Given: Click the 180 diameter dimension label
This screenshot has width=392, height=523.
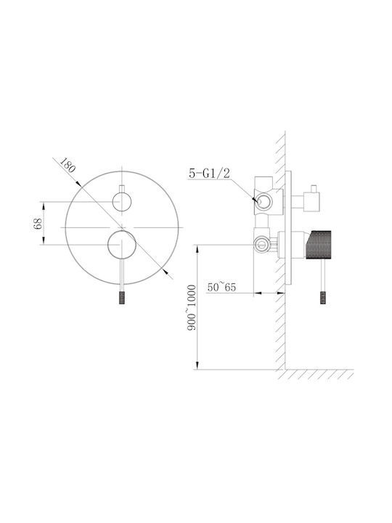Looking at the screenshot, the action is [68, 164].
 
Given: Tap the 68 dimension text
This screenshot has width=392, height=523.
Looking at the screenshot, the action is [38, 224].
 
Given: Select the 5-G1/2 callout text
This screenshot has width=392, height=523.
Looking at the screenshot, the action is [209, 173].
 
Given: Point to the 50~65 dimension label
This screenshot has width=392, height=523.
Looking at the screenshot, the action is [221, 287].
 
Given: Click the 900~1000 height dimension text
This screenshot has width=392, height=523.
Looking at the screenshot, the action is [192, 307].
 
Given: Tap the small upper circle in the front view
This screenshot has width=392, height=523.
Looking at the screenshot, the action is [122, 202].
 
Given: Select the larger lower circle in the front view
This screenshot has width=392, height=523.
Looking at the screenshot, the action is [122, 245].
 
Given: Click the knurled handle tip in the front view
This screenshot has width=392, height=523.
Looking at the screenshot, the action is [122, 298].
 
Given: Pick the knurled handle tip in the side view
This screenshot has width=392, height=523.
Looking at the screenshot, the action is [323, 298].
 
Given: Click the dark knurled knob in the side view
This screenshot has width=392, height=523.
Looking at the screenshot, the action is [319, 245].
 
